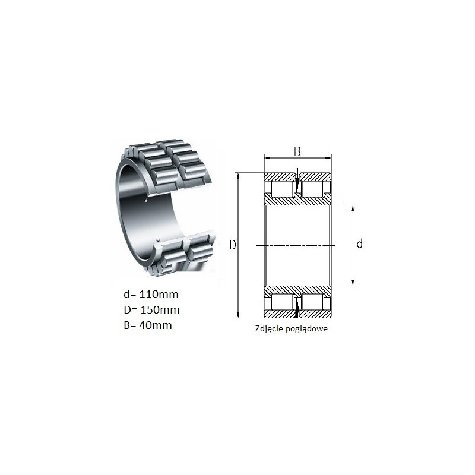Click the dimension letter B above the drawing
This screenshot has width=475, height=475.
(x=297, y=151)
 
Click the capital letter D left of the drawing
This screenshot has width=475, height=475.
(x=233, y=245)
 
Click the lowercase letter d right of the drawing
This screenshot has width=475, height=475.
(x=360, y=243)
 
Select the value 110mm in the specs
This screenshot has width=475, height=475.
(x=159, y=294)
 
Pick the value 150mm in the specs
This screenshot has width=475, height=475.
(x=160, y=309)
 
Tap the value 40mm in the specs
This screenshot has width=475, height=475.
(x=156, y=325)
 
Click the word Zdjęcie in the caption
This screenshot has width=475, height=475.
(x=268, y=329)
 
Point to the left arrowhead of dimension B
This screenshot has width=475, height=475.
(x=267, y=158)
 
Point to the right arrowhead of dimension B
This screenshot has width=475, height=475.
(x=328, y=158)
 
